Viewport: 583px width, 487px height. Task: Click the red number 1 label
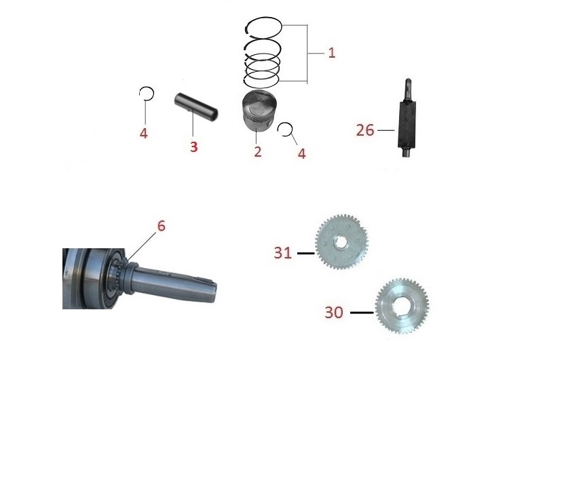click(332, 53)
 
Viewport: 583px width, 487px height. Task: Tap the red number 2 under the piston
click(258, 151)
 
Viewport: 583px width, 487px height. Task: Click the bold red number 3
click(193, 147)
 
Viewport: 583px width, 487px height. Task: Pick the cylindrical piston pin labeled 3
click(196, 106)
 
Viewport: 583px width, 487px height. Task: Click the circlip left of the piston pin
click(147, 94)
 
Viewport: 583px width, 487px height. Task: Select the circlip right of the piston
click(285, 130)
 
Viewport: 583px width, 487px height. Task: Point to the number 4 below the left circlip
click(144, 133)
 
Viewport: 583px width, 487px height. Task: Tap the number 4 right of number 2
click(301, 154)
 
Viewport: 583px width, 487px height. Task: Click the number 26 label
click(364, 130)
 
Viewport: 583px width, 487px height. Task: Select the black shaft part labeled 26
click(407, 118)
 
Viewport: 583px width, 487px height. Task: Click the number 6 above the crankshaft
click(161, 226)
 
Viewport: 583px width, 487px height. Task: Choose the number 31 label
click(282, 253)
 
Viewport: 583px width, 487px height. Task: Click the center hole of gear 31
click(341, 243)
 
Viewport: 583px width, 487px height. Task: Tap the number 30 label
click(334, 313)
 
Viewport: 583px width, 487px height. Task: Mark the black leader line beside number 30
click(362, 313)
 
